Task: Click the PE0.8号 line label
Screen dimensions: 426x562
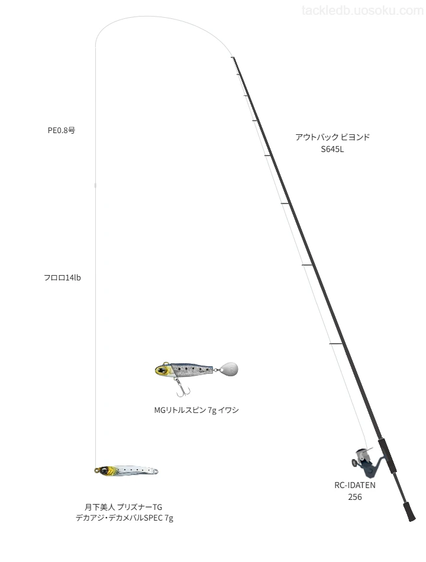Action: pyautogui.click(x=62, y=131)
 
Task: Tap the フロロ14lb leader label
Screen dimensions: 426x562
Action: pyautogui.click(x=62, y=278)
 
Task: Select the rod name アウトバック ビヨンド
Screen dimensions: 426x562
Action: pyautogui.click(x=333, y=137)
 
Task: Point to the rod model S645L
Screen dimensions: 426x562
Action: pyautogui.click(x=333, y=150)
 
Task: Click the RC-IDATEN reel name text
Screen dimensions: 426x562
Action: pyautogui.click(x=355, y=485)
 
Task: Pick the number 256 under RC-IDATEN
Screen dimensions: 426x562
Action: pyautogui.click(x=355, y=497)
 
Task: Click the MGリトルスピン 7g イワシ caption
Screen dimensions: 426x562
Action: pyautogui.click(x=196, y=410)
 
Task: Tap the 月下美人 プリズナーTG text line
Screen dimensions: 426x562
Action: pyautogui.click(x=123, y=507)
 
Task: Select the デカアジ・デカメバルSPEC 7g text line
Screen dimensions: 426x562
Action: pyautogui.click(x=124, y=518)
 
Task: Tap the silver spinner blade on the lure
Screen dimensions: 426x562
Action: pyautogui.click(x=229, y=369)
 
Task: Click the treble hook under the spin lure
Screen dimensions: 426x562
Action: pyautogui.click(x=182, y=389)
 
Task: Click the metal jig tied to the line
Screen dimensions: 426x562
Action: pyautogui.click(x=126, y=471)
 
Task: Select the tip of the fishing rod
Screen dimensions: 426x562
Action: pyautogui.click(x=233, y=57)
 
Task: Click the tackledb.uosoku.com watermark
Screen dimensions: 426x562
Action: pyautogui.click(x=363, y=11)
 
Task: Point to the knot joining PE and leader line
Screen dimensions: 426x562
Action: pyautogui.click(x=95, y=186)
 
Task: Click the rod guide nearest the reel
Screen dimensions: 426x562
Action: pyautogui.click(x=336, y=344)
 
